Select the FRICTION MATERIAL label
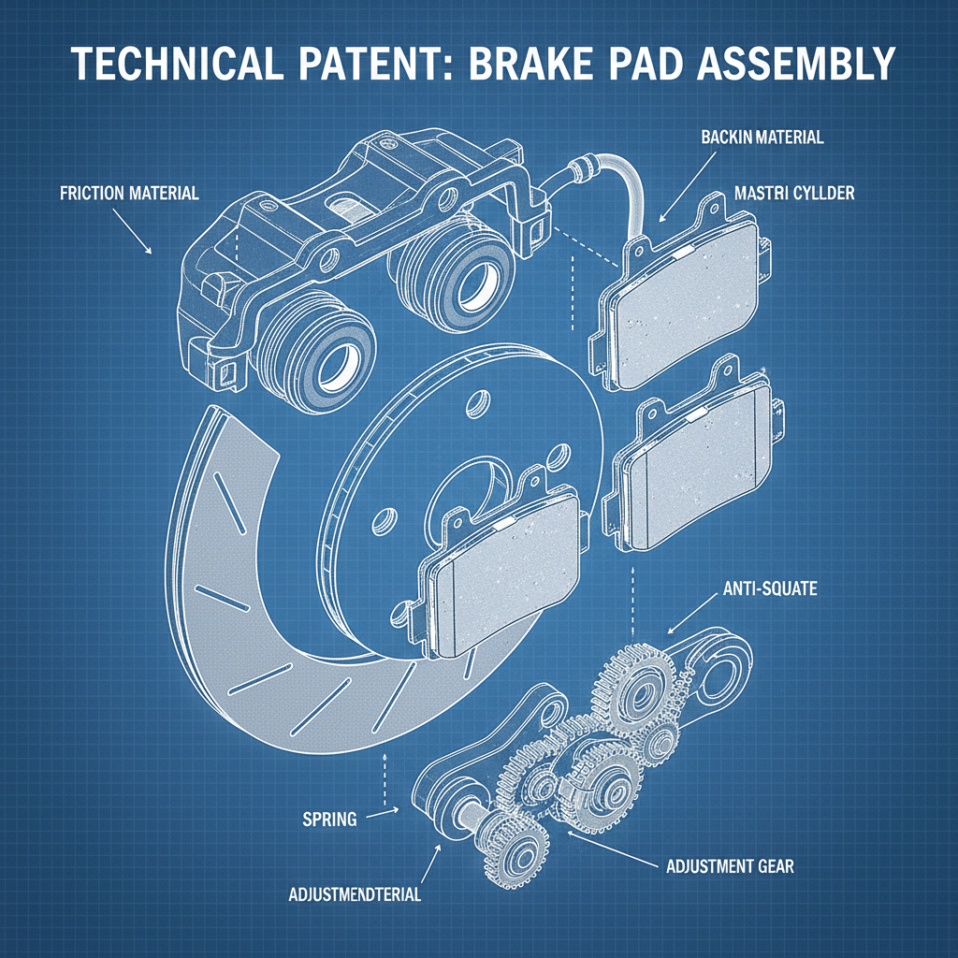coord(129,194)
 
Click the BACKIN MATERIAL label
coord(762,138)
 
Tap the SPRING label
coord(330,820)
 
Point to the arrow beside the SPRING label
coord(382,815)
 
